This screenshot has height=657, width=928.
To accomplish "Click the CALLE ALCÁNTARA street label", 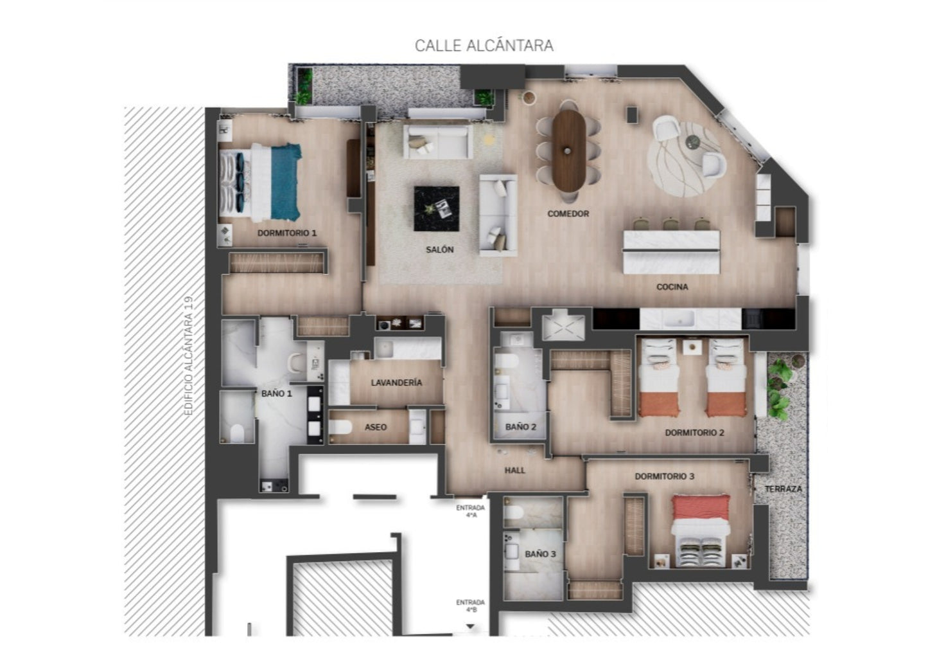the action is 484,46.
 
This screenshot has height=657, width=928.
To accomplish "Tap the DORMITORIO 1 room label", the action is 286,233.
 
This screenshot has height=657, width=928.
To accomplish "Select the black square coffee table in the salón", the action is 436,209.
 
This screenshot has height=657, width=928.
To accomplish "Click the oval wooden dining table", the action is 569,151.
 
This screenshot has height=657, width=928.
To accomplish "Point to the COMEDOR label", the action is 568,213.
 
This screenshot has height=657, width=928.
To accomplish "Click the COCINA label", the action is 672,287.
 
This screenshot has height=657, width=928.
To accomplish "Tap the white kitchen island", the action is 671,252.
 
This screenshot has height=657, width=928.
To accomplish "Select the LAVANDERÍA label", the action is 396,382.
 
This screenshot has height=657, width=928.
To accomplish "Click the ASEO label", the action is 375,427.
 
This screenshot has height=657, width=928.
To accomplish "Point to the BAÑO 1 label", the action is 276,393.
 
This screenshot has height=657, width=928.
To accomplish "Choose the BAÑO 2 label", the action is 521,427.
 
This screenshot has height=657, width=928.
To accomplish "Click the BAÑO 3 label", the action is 540,553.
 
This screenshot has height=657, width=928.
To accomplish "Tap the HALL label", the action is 514,471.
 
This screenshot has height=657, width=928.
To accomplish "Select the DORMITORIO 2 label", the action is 694,433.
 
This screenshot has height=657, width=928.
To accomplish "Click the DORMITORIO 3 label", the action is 664,476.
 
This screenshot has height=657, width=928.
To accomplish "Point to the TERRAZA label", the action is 783,489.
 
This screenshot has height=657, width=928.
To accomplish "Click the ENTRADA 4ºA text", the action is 470,511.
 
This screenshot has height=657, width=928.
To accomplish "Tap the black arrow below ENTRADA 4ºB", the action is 470,626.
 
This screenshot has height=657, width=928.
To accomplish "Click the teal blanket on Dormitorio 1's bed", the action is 286,182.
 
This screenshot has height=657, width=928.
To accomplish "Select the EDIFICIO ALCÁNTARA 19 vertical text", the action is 189,355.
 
